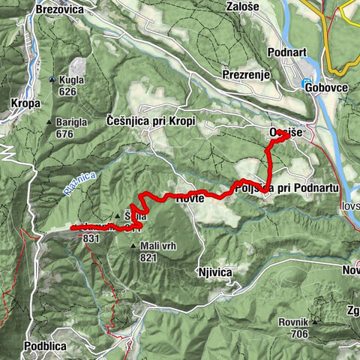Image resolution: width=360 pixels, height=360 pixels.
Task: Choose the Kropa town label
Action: pyautogui.click(x=25, y=103)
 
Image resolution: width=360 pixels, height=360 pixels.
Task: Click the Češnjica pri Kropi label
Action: pyautogui.click(x=151, y=120)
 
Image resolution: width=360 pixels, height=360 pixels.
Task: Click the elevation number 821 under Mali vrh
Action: pyautogui.click(x=147, y=256)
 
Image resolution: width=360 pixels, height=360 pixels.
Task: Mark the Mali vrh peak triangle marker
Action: pyautogui.click(x=133, y=245)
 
